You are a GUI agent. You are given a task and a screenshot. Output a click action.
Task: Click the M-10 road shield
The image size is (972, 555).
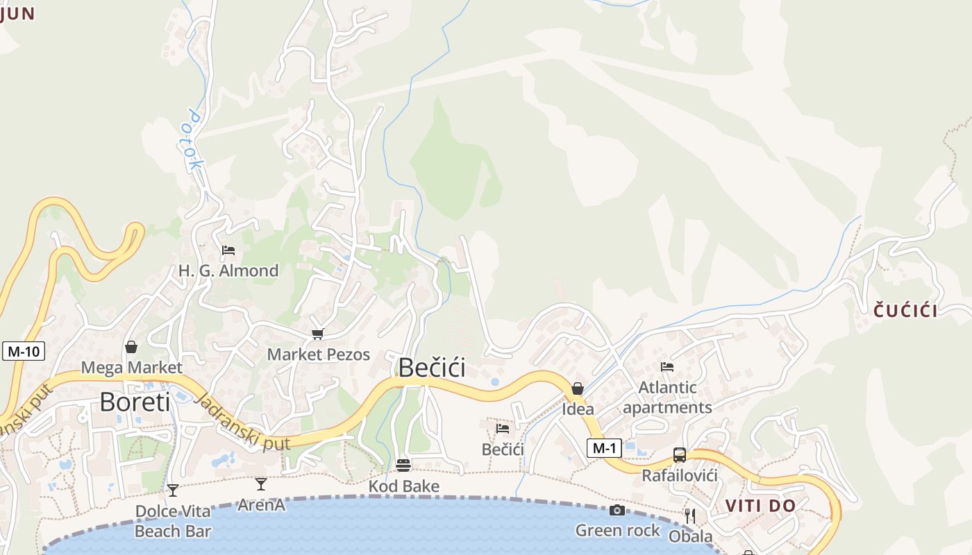[24, 351]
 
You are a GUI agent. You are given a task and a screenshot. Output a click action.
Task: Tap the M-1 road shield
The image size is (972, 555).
[604, 448]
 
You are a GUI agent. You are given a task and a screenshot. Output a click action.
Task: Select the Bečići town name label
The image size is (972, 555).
[431, 368]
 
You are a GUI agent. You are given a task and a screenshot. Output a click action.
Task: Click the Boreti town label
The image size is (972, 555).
[135, 402]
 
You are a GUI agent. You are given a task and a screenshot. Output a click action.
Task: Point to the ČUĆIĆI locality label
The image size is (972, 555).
[905, 311]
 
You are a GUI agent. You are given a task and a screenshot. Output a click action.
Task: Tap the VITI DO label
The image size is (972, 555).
[760, 506]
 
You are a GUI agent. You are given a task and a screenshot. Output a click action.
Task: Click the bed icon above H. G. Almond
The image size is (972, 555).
[228, 250]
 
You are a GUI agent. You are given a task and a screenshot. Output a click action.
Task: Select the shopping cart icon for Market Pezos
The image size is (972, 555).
[318, 334]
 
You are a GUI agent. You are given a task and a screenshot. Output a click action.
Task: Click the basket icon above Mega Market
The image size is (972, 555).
[131, 347]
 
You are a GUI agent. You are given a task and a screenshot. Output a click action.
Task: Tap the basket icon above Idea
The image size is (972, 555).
[578, 388]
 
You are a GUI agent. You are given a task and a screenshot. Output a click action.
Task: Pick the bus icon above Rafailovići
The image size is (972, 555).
[680, 455]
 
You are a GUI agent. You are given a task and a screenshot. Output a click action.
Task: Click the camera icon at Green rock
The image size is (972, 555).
[617, 511]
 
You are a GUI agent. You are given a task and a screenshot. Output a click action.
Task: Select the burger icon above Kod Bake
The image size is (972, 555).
[403, 465]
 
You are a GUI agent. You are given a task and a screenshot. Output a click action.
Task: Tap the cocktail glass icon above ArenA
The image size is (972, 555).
[261, 484]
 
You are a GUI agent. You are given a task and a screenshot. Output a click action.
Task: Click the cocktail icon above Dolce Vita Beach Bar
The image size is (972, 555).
[173, 490]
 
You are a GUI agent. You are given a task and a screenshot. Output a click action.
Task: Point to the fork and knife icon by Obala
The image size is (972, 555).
[690, 515]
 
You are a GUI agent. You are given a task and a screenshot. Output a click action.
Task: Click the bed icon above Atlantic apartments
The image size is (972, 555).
[667, 366]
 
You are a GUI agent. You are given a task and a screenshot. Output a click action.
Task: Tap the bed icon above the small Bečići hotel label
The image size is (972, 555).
[503, 428]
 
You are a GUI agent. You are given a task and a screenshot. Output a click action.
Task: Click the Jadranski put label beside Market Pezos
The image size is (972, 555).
[241, 422]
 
